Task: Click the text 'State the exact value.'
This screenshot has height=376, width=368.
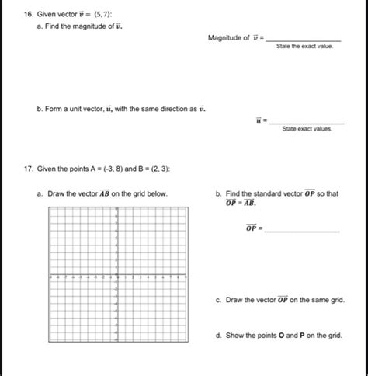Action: (x=304, y=47)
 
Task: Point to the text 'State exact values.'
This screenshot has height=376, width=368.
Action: (x=307, y=130)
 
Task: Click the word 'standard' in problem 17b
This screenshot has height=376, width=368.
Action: (x=272, y=193)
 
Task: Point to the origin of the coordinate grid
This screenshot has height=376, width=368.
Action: (x=116, y=276)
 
